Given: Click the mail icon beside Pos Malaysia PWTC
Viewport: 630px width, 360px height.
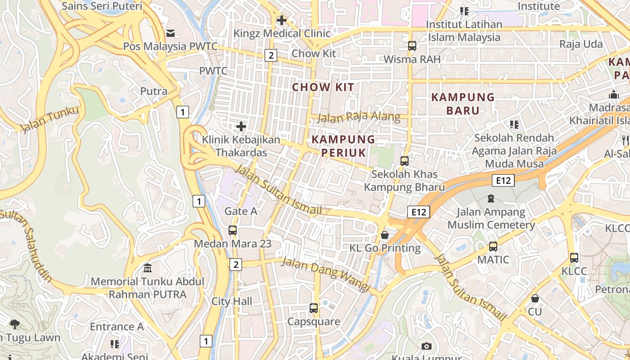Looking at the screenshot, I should [x=171, y=33].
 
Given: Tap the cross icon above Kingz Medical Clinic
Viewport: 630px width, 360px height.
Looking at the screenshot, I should [x=282, y=20].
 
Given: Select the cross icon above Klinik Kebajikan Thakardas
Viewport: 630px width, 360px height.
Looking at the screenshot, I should [x=241, y=126].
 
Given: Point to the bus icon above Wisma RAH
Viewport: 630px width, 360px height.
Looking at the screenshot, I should [x=412, y=46].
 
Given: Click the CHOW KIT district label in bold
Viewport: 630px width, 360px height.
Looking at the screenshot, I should [x=323, y=87].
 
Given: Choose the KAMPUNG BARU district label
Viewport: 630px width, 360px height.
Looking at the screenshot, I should [x=463, y=103].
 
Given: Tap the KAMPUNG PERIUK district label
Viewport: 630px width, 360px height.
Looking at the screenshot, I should [x=343, y=146].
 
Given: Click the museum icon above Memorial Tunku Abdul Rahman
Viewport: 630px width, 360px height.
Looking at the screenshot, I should [x=148, y=269].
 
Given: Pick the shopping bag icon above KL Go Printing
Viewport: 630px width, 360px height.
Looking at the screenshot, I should [x=385, y=235].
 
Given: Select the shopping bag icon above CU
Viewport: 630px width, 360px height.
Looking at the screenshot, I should [x=535, y=298].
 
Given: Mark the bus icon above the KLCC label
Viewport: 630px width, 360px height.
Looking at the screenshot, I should [x=574, y=258].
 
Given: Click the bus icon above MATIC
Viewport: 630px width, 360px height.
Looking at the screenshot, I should [x=493, y=247].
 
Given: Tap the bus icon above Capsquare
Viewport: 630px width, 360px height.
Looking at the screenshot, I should [x=314, y=308].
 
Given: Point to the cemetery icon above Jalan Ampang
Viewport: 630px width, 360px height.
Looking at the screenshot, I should [x=491, y=198].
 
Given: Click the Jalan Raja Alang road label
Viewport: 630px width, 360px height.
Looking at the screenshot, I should [x=359, y=117].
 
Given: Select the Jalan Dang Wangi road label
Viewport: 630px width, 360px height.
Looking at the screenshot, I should [x=325, y=274].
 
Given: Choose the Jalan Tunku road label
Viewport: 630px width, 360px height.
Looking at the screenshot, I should [x=49, y=119].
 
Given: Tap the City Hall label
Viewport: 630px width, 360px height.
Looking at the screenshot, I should [x=232, y=301].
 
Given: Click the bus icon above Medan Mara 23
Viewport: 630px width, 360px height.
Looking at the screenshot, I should [x=233, y=230].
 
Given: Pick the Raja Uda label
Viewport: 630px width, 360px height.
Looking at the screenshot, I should [x=581, y=44].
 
